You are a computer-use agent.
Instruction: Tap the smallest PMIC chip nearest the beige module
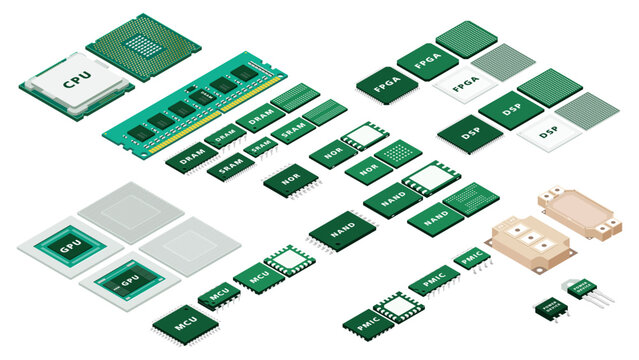coord(471,259)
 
